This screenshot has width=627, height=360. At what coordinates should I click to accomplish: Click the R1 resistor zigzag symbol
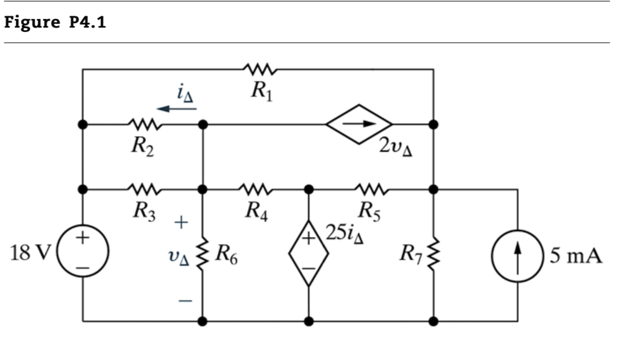pyautogui.click(x=261, y=69)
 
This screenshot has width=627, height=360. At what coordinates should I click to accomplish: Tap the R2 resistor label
pyautogui.click(x=143, y=146)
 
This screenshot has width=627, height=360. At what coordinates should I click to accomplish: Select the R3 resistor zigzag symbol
pyautogui.click(x=144, y=189)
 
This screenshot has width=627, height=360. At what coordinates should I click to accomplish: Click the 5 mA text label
pyautogui.click(x=576, y=255)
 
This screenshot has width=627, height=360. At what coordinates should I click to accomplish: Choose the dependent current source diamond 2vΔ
pyautogui.click(x=359, y=124)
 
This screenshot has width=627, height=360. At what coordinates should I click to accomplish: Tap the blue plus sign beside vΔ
pyautogui.click(x=181, y=221)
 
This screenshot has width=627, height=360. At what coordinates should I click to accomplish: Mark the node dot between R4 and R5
pyautogui.click(x=308, y=189)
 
